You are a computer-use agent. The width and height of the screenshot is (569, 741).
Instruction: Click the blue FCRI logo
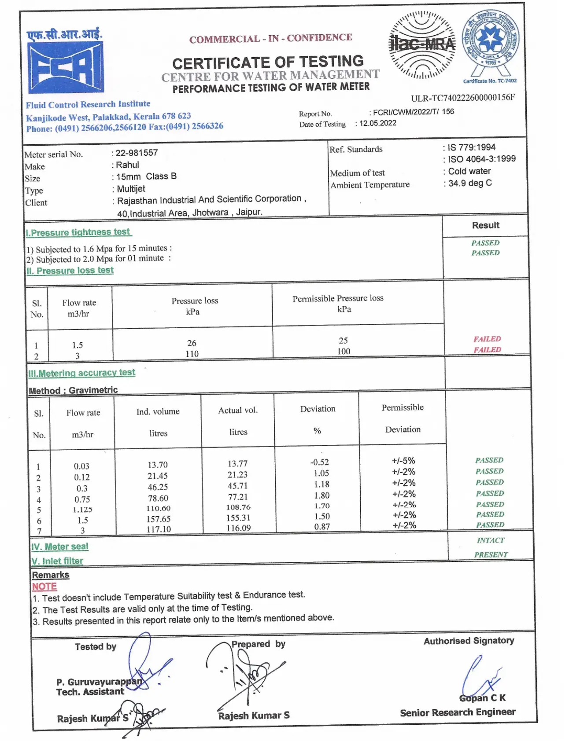point(65,67)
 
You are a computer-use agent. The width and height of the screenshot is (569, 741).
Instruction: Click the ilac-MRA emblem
point(421,44)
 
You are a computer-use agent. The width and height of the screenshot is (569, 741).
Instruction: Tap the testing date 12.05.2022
point(378,123)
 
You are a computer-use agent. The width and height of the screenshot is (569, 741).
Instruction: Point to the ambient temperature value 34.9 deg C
point(470,183)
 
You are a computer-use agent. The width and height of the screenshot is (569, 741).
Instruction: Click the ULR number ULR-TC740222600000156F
point(462,98)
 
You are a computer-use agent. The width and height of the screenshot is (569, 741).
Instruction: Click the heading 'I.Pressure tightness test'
point(78,232)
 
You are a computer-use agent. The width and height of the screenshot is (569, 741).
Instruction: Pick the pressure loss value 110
point(192,354)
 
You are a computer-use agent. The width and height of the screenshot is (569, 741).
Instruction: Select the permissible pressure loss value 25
point(343,340)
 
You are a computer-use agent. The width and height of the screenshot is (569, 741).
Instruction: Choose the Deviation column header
point(318,409)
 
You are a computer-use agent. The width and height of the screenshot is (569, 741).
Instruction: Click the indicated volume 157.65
point(158,519)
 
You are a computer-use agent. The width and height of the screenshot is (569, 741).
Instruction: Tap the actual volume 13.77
point(237,463)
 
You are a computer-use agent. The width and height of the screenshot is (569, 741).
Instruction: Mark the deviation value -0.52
point(319,462)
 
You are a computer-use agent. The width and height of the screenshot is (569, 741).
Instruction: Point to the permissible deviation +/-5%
point(403,461)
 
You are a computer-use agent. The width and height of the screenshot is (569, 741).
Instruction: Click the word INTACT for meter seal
point(491,540)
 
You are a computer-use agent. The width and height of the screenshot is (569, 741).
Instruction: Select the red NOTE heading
point(44,587)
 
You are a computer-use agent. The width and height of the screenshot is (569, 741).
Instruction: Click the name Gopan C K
point(482,698)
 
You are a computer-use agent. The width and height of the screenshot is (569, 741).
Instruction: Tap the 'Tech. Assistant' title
point(90,692)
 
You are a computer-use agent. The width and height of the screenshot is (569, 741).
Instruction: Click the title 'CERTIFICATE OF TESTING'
point(268,62)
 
